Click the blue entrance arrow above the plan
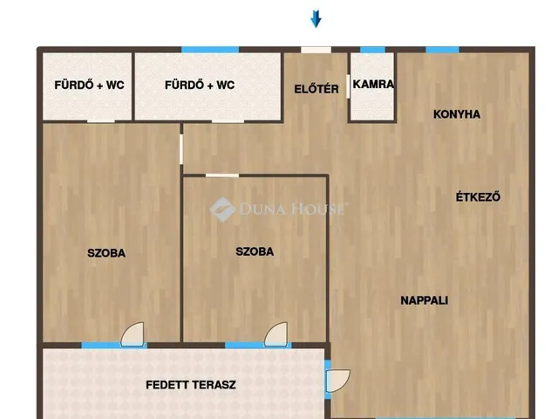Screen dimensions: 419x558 pyautogui.click(x=316, y=17)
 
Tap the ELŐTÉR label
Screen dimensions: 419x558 pyautogui.click(x=316, y=88)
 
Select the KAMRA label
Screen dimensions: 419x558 pyautogui.click(x=373, y=86)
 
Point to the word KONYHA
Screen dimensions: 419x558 pyautogui.click(x=457, y=114)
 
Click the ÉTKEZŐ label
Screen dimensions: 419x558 pyautogui.click(x=478, y=196)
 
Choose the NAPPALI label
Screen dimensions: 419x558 pyautogui.click(x=424, y=300)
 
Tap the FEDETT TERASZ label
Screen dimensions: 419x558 pyautogui.click(x=190, y=384)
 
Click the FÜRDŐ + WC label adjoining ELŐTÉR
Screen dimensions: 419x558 pyautogui.click(x=199, y=86)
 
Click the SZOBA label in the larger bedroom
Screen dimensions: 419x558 pyautogui.click(x=106, y=253)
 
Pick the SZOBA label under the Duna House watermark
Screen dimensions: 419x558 pyautogui.click(x=255, y=251)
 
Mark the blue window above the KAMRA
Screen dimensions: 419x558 pyautogui.click(x=372, y=50)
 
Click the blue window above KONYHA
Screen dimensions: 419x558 pyautogui.click(x=442, y=50)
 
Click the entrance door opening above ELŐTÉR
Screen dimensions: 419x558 pyautogui.click(x=316, y=50)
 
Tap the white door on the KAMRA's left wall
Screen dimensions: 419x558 pyautogui.click(x=350, y=86)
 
